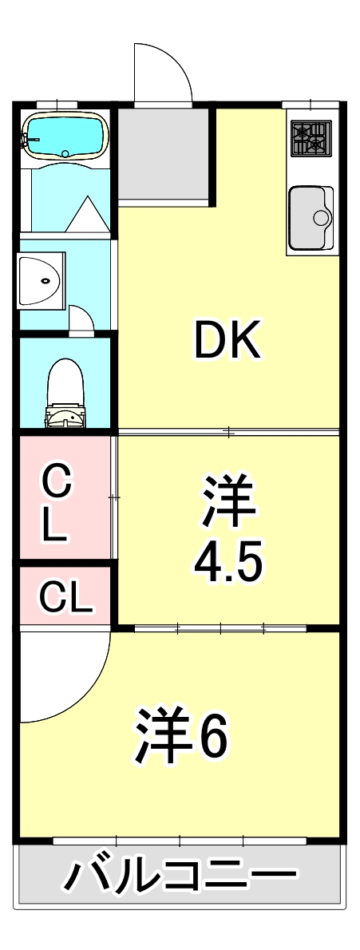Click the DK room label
click(x=228, y=342)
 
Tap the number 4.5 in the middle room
click(x=227, y=564)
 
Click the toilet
click(x=65, y=391)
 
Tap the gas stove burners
click(x=310, y=137)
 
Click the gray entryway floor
click(x=163, y=156)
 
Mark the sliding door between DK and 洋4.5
click(x=228, y=433)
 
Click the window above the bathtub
click(x=57, y=104)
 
